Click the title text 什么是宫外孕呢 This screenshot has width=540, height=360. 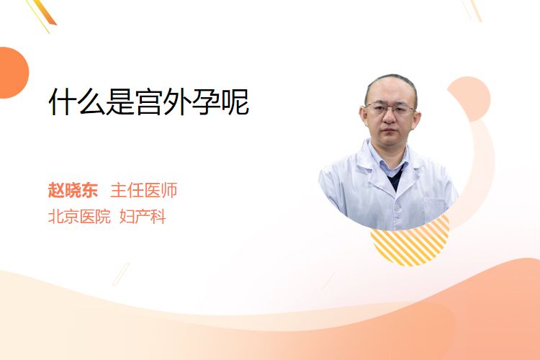149,102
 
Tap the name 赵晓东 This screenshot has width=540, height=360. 73,190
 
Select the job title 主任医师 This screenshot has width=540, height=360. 143,190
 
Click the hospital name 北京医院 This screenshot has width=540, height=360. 79,217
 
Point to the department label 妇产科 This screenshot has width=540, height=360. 143,217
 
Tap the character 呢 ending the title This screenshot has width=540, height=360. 235,102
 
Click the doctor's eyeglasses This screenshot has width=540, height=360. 390,109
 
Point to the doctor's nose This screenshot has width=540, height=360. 389,117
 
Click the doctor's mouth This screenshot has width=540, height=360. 389,131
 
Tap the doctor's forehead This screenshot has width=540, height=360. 389,90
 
